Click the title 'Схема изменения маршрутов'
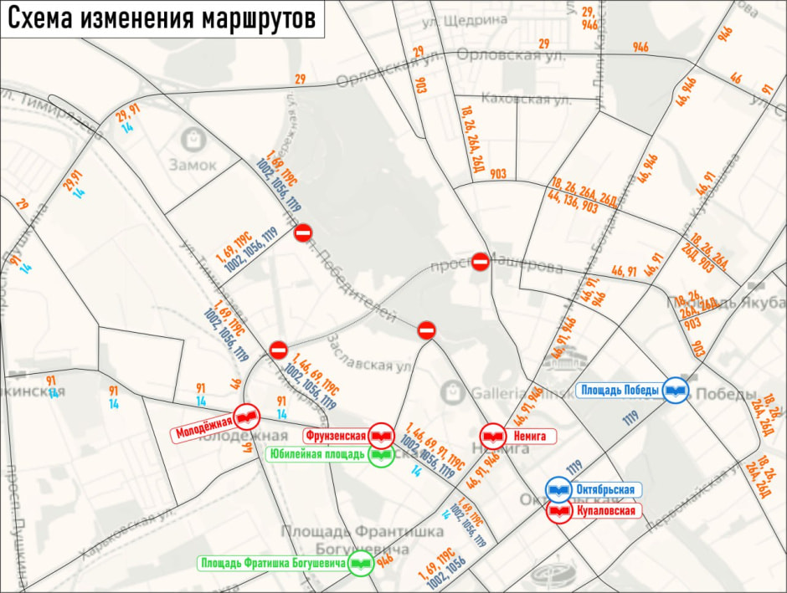click(162, 18)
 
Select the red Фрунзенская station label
click(334, 436)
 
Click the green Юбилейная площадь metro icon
click(381, 456)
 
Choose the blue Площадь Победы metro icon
click(676, 390)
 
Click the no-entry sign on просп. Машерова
click(481, 262)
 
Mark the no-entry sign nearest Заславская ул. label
click(426, 330)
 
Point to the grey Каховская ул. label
click(527, 100)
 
